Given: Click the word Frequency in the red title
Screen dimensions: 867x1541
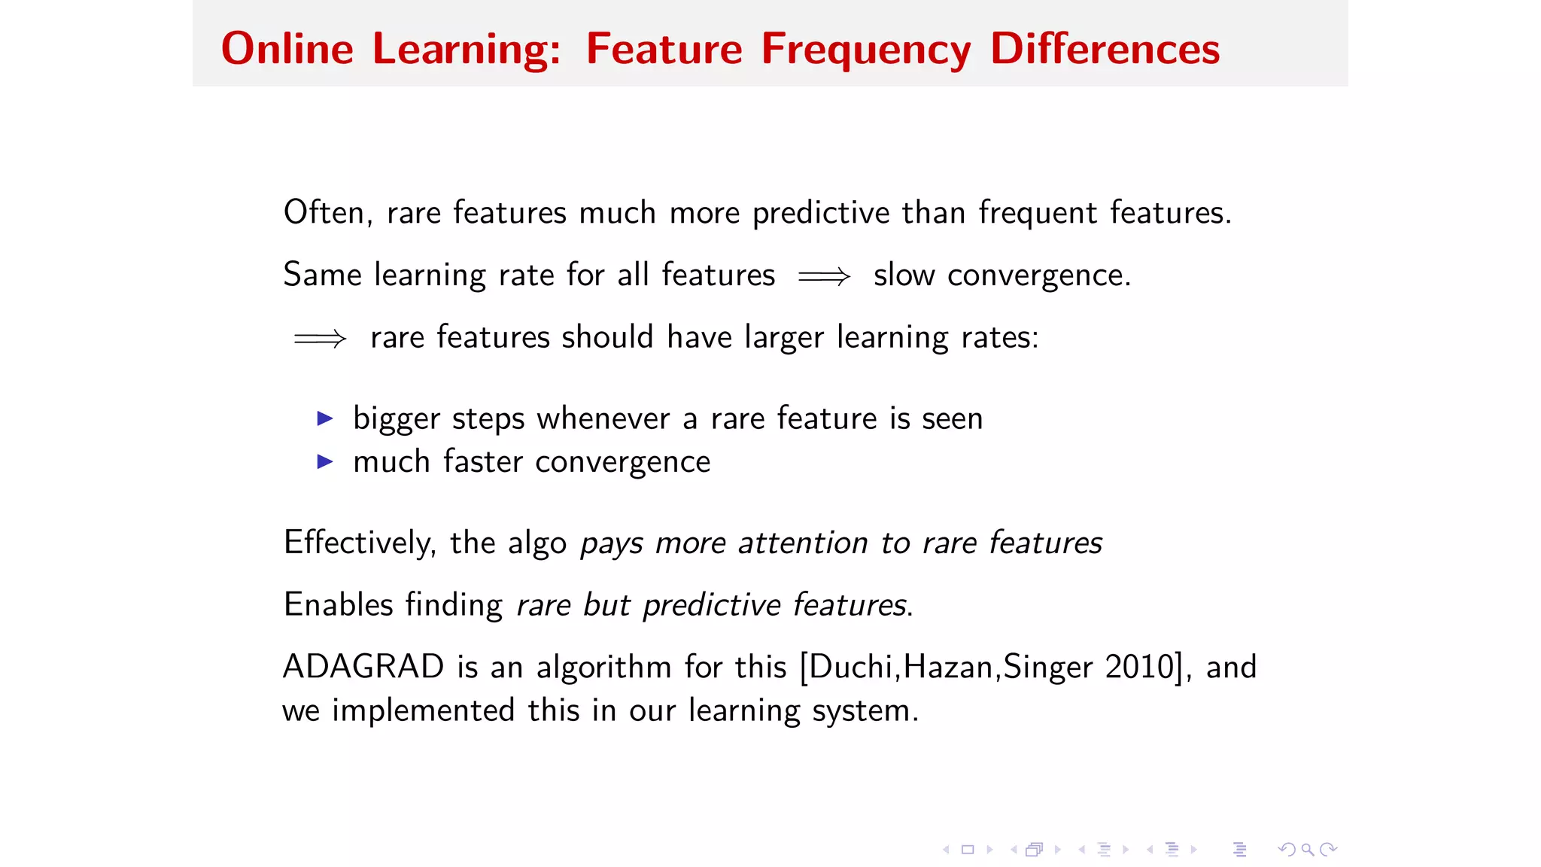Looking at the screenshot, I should (865, 50).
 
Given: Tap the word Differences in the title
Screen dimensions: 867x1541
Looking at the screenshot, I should (1104, 50).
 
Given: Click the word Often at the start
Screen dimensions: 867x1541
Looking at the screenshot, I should (324, 212).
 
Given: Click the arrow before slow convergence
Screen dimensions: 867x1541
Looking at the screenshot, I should (824, 276).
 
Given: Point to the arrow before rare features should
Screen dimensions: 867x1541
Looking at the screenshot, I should (320, 338).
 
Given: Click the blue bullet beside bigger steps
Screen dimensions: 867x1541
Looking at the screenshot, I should (325, 418).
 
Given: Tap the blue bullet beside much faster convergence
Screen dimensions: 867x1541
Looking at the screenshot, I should (325, 461).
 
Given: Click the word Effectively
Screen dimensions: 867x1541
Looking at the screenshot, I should (359, 543).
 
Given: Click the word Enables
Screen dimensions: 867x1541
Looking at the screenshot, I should (339, 604).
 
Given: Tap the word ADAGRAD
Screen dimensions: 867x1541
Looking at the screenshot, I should (363, 667).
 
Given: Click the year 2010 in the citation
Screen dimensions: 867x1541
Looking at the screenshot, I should (1139, 667).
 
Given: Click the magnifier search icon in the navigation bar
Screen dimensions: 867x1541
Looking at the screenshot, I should (1308, 850).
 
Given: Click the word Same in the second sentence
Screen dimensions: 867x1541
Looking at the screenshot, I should (322, 275).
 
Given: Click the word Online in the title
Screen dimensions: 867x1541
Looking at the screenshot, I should (287, 50).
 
